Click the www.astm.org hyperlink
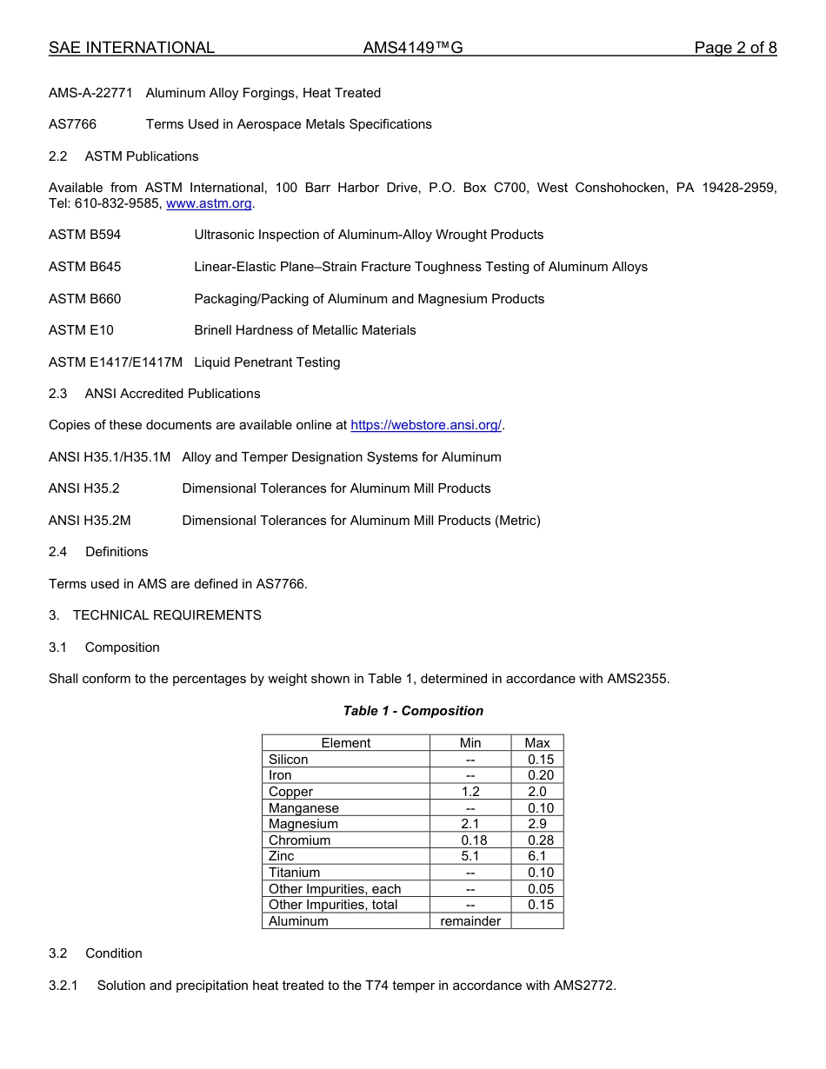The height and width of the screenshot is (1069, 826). coord(209,203)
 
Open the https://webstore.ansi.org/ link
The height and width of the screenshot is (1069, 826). coord(426,425)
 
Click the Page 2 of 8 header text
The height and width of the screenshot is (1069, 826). coord(735,48)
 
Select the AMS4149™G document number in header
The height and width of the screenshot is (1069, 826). coord(413,48)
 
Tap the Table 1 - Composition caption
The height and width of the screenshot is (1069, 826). coord(413,711)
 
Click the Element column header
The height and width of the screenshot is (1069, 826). coord(345,743)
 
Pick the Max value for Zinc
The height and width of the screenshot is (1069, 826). coord(537,856)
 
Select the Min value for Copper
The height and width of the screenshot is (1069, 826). coord(470,792)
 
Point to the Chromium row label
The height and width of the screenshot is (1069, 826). coord(299,840)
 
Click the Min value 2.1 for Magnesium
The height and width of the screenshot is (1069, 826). coord(470,824)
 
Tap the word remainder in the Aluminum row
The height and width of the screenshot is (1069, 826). coord(470,921)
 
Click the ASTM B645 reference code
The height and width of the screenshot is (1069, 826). coord(85,267)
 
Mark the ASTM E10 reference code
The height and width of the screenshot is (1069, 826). coord(81,330)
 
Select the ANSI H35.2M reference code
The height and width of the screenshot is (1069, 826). coord(90,521)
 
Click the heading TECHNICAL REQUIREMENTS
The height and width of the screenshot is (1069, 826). coord(167,615)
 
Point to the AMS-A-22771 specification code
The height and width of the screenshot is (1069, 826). coord(90,93)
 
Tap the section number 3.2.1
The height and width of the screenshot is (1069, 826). coord(63,986)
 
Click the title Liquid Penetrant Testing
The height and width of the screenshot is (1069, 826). coord(267,362)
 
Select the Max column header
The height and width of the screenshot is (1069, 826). coord(537,743)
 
